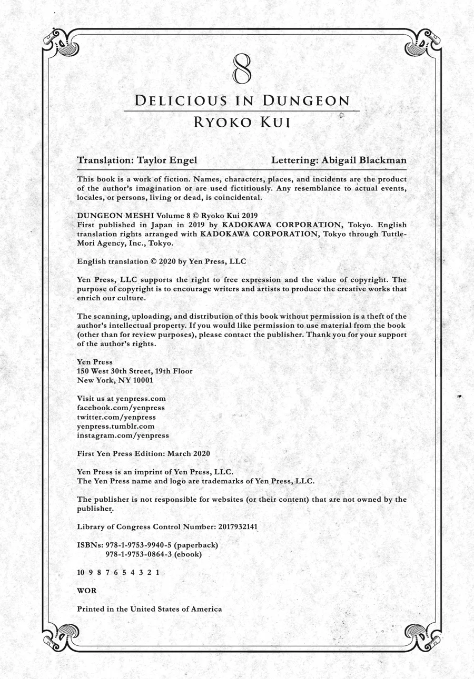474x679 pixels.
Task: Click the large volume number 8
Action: click(242, 69)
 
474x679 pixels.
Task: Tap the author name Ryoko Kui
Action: click(242, 122)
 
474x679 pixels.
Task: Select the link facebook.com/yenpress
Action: click(121, 408)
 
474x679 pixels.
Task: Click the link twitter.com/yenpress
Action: click(116, 417)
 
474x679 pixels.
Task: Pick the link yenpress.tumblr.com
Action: click(116, 426)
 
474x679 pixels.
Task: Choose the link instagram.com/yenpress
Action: click(123, 435)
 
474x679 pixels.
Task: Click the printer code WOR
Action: click(87, 591)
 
